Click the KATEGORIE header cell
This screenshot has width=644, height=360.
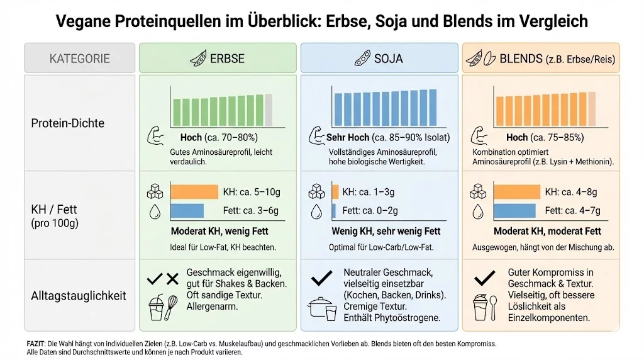(79, 59)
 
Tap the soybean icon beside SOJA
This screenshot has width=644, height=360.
(361, 59)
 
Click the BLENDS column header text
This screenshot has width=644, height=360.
(557, 59)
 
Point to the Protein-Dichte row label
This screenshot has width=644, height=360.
(68, 123)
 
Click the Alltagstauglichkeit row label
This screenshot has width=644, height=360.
(79, 295)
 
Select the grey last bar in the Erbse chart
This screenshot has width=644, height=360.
(269, 110)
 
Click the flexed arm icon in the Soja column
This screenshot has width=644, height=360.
(316, 135)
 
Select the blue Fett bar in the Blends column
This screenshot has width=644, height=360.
(514, 211)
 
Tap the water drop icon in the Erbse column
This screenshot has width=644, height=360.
(155, 211)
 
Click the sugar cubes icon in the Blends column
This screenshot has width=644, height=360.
(479, 191)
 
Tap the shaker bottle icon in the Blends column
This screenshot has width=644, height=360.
(482, 308)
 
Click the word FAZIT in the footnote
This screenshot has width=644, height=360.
(35, 344)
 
